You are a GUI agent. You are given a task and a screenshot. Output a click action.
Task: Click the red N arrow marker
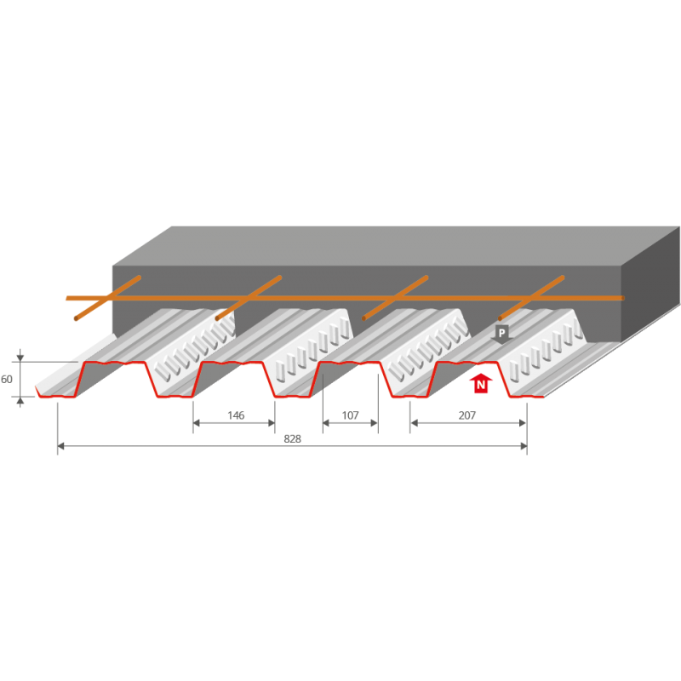[481, 384]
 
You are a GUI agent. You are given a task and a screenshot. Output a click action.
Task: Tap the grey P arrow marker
[501, 333]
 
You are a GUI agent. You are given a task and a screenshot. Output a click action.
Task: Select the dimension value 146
[236, 415]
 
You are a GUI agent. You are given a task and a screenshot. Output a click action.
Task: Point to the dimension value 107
[350, 415]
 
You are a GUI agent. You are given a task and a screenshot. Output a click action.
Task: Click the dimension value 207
[466, 415]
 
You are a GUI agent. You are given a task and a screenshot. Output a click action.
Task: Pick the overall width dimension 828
[291, 439]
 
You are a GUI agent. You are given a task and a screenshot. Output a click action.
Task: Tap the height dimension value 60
[7, 377]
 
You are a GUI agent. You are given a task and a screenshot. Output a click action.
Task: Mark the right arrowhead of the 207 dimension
[524, 423]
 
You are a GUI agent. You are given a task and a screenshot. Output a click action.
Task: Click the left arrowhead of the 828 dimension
[60, 446]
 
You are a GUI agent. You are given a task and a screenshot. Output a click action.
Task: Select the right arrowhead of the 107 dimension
[375, 423]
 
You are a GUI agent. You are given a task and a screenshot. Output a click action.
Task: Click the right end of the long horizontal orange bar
[622, 298]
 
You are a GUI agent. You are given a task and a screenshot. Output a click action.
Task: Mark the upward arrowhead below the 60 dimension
[21, 400]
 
